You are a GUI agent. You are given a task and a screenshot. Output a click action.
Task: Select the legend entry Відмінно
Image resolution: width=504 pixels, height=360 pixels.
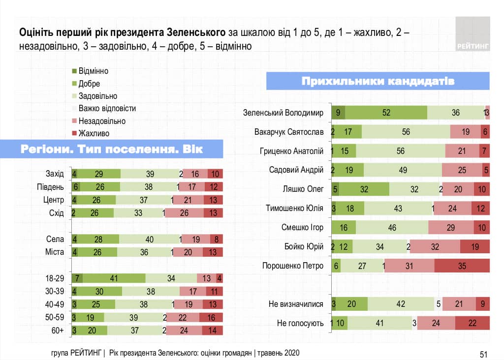(x=93, y=71)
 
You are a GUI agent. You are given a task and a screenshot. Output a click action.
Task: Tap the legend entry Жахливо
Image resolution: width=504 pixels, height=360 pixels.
(x=94, y=133)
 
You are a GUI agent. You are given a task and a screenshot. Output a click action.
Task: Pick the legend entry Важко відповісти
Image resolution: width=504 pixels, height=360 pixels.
(x=107, y=108)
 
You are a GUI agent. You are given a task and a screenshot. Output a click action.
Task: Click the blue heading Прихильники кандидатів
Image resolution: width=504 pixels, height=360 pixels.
(x=378, y=81)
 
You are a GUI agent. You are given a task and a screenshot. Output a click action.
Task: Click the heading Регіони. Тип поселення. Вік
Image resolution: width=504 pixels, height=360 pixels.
(x=112, y=149)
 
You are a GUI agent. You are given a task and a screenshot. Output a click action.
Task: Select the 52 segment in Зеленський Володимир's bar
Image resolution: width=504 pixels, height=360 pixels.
(x=386, y=113)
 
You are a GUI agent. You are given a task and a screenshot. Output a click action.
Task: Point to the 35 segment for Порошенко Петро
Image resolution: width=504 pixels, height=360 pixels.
(x=462, y=266)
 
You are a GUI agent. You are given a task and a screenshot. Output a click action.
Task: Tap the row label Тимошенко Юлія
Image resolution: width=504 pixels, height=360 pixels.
(x=294, y=208)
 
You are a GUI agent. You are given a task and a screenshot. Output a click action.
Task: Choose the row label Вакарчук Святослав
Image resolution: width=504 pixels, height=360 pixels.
(x=289, y=132)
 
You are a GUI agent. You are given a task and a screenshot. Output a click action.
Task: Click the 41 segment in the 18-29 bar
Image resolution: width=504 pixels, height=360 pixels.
(x=114, y=278)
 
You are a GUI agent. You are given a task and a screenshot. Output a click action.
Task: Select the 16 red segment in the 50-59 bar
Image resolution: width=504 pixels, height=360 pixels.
(x=211, y=317)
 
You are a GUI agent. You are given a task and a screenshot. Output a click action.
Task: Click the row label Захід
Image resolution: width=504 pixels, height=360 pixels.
(x=54, y=174)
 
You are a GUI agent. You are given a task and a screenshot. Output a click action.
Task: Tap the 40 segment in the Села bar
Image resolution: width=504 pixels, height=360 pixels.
(x=150, y=240)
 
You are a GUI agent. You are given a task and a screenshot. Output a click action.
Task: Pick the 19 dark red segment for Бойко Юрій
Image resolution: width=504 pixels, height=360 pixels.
(x=475, y=246)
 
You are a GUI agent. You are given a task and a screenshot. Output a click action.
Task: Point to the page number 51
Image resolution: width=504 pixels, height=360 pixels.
(x=483, y=354)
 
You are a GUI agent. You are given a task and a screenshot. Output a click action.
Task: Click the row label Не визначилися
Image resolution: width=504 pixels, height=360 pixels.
(x=296, y=304)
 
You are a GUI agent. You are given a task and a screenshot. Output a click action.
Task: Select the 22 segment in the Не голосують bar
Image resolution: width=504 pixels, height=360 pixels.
(x=472, y=323)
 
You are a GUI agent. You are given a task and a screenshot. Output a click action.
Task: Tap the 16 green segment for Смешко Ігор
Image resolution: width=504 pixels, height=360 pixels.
(x=344, y=227)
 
